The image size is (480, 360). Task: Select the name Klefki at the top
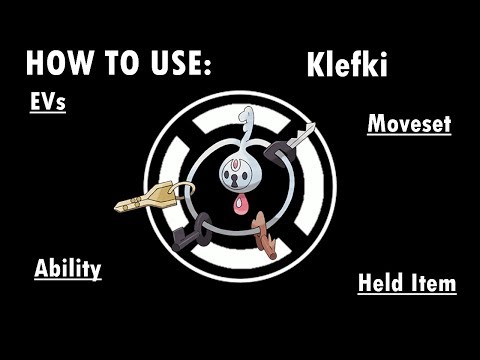pyautogui.click(x=346, y=66)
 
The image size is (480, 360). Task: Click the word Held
pyautogui.click(x=382, y=284)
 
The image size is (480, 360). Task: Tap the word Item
pyautogui.click(x=433, y=284)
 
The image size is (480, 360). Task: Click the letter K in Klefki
pyautogui.click(x=314, y=66)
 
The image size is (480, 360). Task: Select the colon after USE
pyautogui.click(x=208, y=66)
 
